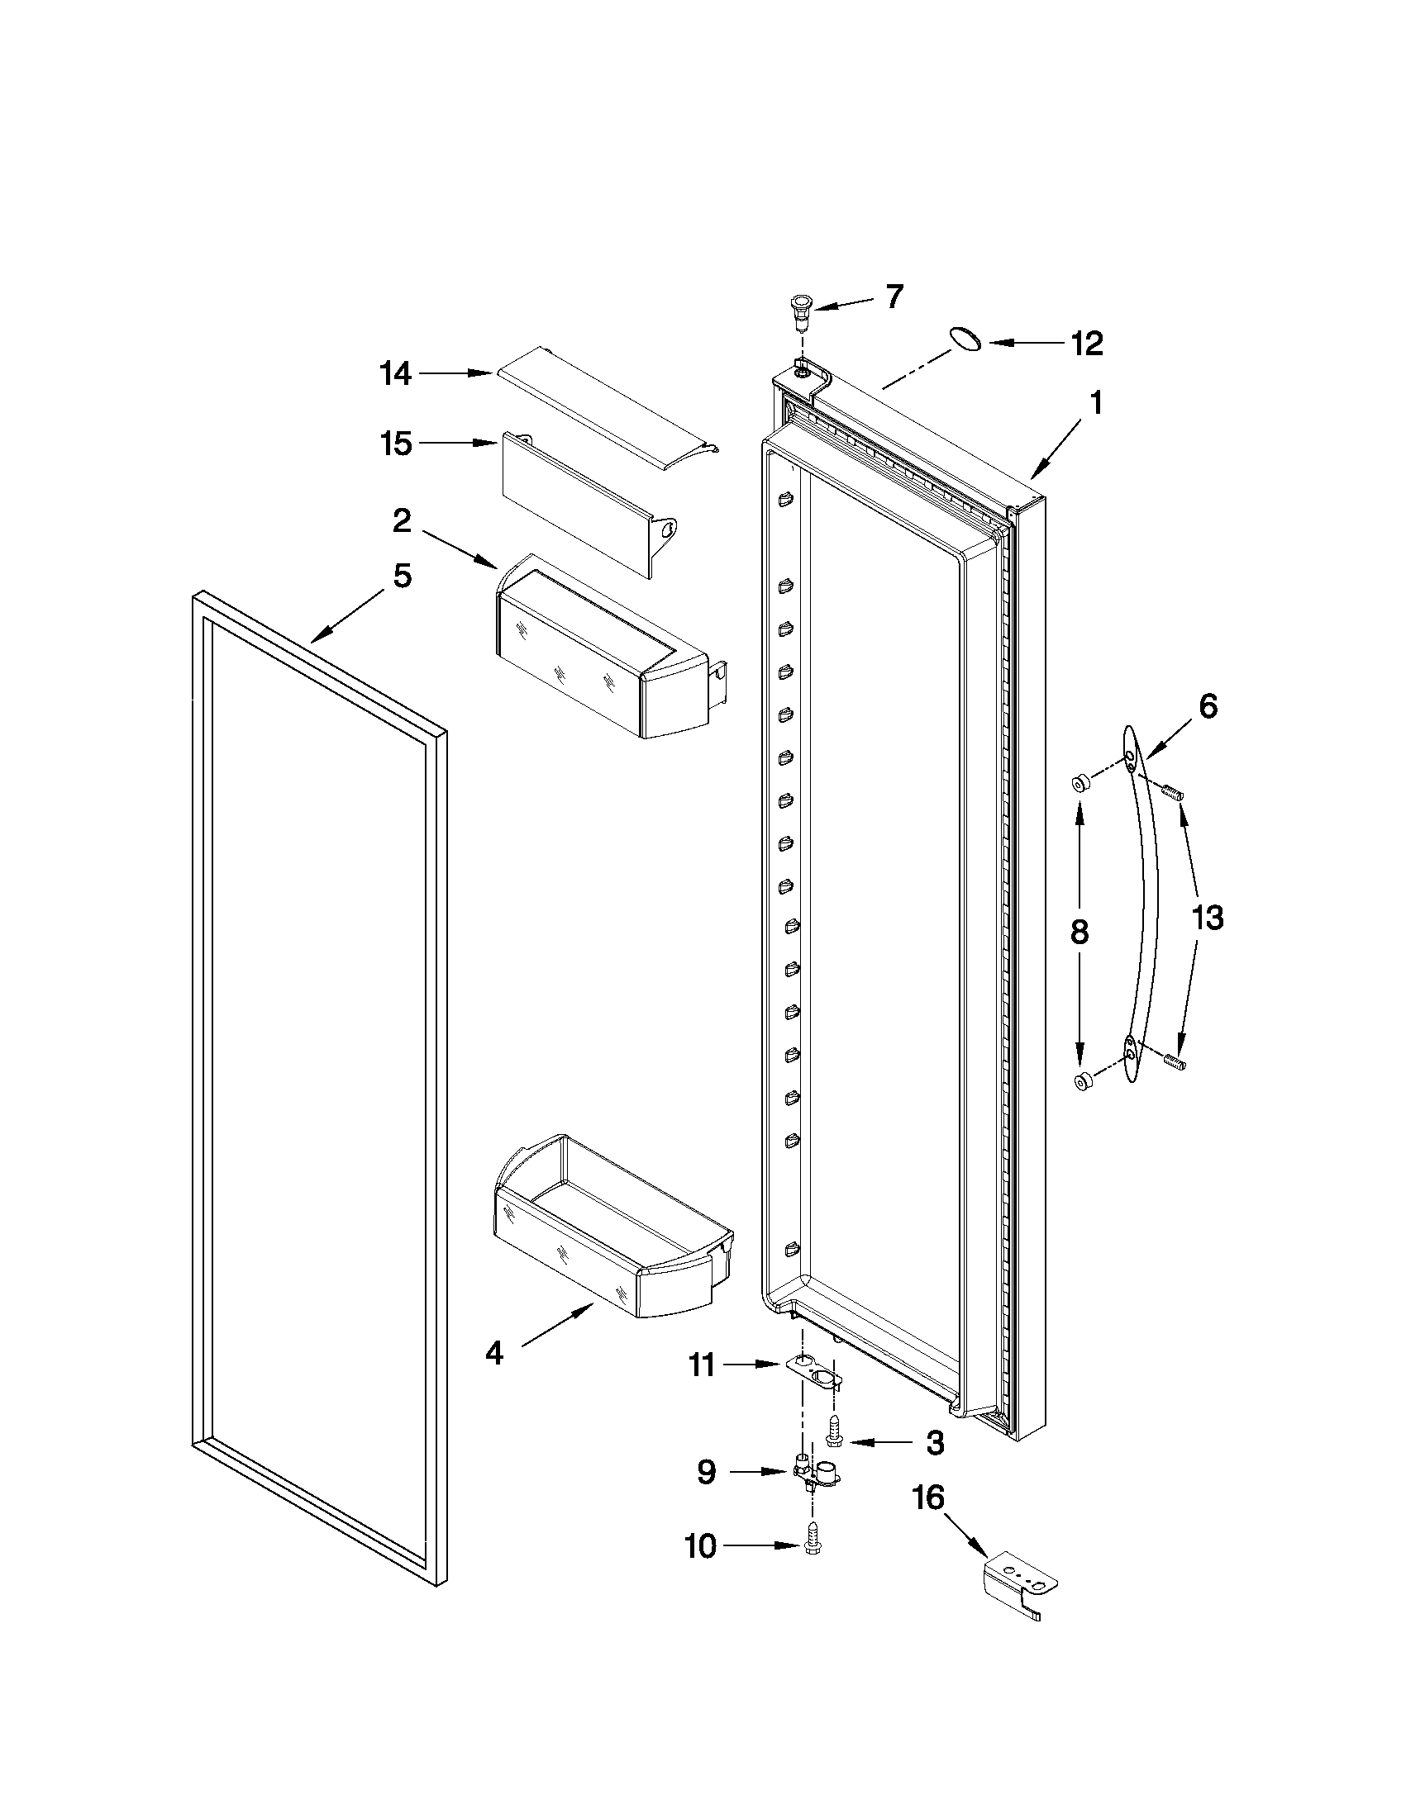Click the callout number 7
(894, 297)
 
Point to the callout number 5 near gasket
(403, 575)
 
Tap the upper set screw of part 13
(1173, 792)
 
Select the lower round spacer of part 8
(1083, 1080)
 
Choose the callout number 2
(402, 521)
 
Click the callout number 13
(1208, 918)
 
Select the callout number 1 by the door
(1097, 403)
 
